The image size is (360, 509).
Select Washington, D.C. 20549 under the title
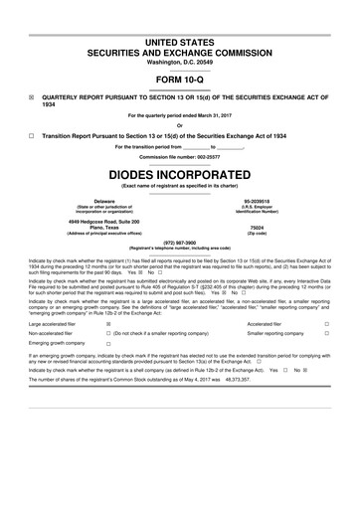point(179,62)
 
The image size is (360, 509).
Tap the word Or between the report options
point(179,124)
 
